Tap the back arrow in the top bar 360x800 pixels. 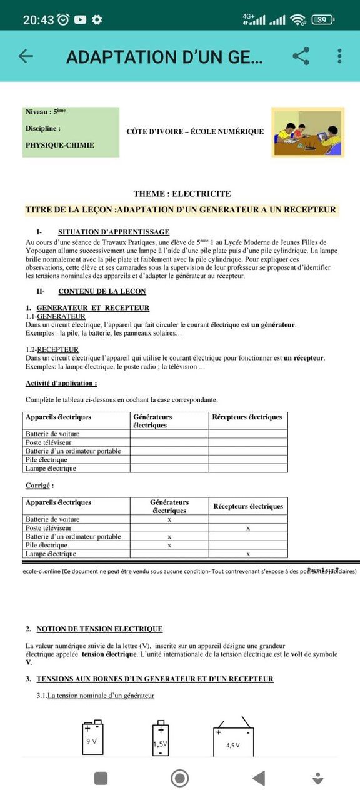(26, 56)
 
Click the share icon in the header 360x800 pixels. (301, 56)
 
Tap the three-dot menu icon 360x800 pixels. (339, 56)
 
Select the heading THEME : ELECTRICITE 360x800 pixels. (182, 194)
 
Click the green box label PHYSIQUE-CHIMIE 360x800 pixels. (60, 145)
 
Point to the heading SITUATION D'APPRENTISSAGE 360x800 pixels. (113, 232)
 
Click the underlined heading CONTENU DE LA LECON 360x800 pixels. (102, 291)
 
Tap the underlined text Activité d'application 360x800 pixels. (61, 383)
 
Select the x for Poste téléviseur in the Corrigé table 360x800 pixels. (248, 528)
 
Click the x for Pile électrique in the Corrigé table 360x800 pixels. (169, 546)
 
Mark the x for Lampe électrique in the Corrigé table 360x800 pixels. (248, 554)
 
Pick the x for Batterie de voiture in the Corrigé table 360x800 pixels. (169, 519)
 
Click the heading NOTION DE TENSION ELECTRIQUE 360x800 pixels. (99, 629)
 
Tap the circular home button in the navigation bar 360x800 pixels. (180, 778)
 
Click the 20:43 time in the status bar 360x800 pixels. (38, 19)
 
